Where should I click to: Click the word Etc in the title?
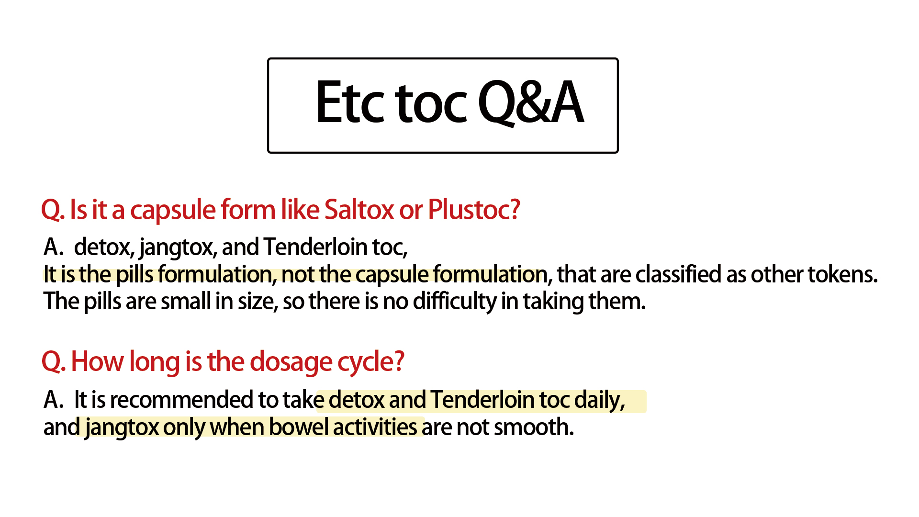click(x=350, y=102)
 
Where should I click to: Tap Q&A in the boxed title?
click(x=531, y=102)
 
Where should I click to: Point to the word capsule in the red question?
click(x=173, y=211)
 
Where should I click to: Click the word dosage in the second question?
click(x=291, y=362)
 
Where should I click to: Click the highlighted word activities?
click(x=375, y=427)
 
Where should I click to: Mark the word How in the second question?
click(x=98, y=362)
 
